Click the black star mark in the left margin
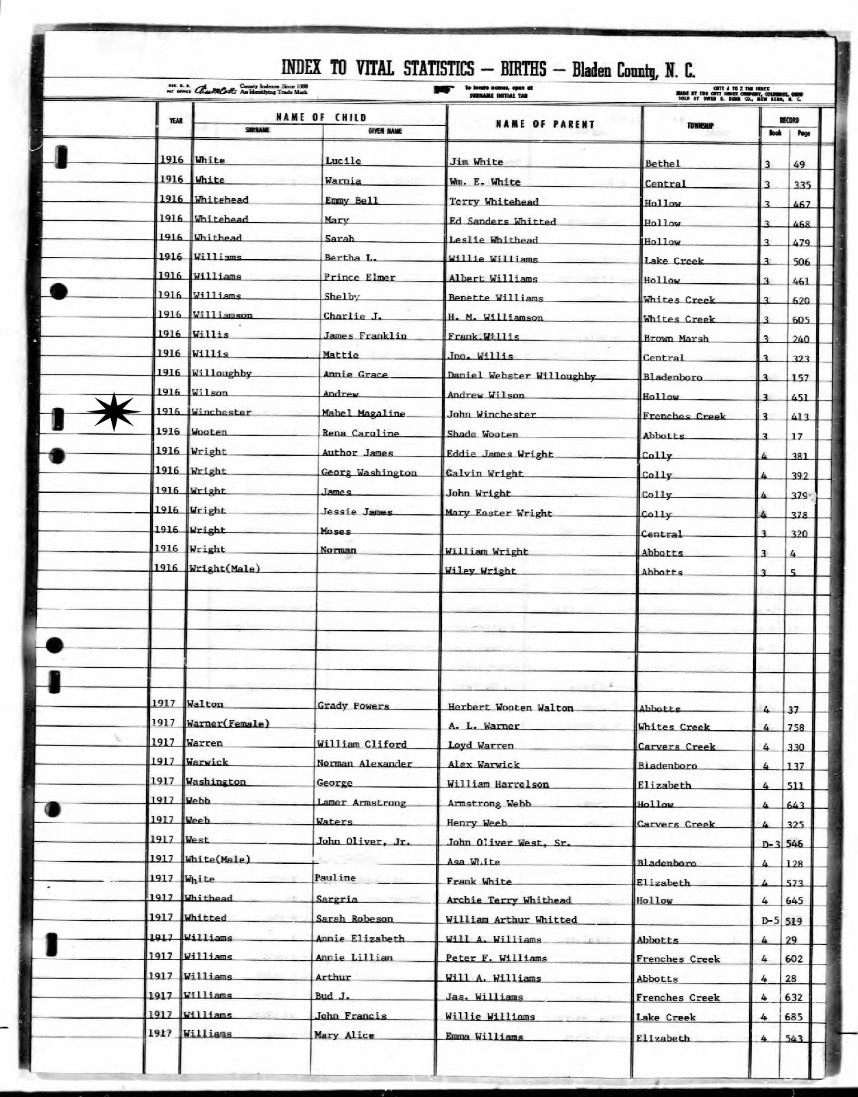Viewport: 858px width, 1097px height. [x=114, y=412]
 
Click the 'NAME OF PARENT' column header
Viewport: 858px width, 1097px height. [x=546, y=124]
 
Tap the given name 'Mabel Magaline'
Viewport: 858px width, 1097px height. [x=363, y=413]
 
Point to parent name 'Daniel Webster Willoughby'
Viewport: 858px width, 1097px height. [x=521, y=376]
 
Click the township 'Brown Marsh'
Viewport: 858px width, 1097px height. [x=675, y=339]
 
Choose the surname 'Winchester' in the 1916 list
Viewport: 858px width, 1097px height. [x=221, y=413]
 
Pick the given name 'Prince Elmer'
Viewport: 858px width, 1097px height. [x=359, y=278]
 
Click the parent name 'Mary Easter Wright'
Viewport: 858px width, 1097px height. [x=498, y=513]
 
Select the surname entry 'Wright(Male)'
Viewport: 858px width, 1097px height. [x=226, y=568]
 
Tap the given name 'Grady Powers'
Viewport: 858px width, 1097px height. [x=353, y=706]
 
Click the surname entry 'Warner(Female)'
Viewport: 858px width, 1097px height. [x=228, y=723]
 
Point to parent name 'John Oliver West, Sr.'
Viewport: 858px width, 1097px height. [x=508, y=843]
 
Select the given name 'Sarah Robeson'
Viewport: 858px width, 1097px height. [x=354, y=919]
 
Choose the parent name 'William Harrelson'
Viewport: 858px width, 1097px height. [x=498, y=784]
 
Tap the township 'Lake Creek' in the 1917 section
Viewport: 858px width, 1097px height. [x=665, y=1017]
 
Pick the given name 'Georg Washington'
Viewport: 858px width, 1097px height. [x=369, y=472]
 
